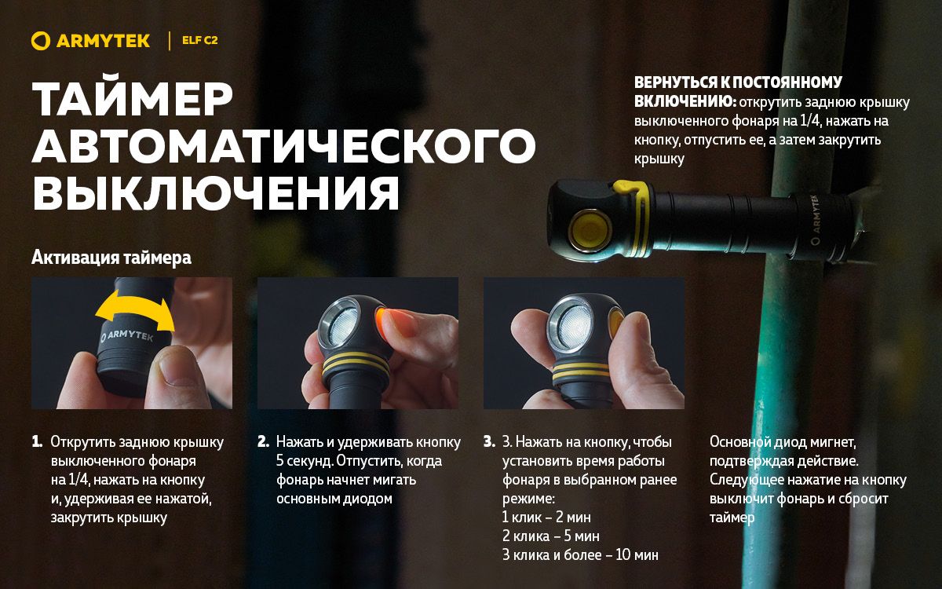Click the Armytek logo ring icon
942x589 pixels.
coord(41,41)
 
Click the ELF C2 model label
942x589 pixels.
coord(199,41)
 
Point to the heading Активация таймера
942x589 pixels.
coord(111,258)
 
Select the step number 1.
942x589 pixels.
coord(37,442)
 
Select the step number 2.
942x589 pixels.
coord(263,442)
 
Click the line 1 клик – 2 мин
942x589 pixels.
coord(546,518)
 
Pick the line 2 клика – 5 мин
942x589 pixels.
coord(550,536)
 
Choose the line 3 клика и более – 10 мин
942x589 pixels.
coord(580,555)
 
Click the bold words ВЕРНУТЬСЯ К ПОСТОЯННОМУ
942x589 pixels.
coord(738,83)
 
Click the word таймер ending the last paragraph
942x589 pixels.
coord(732,518)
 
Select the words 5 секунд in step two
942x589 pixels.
coord(304,461)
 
